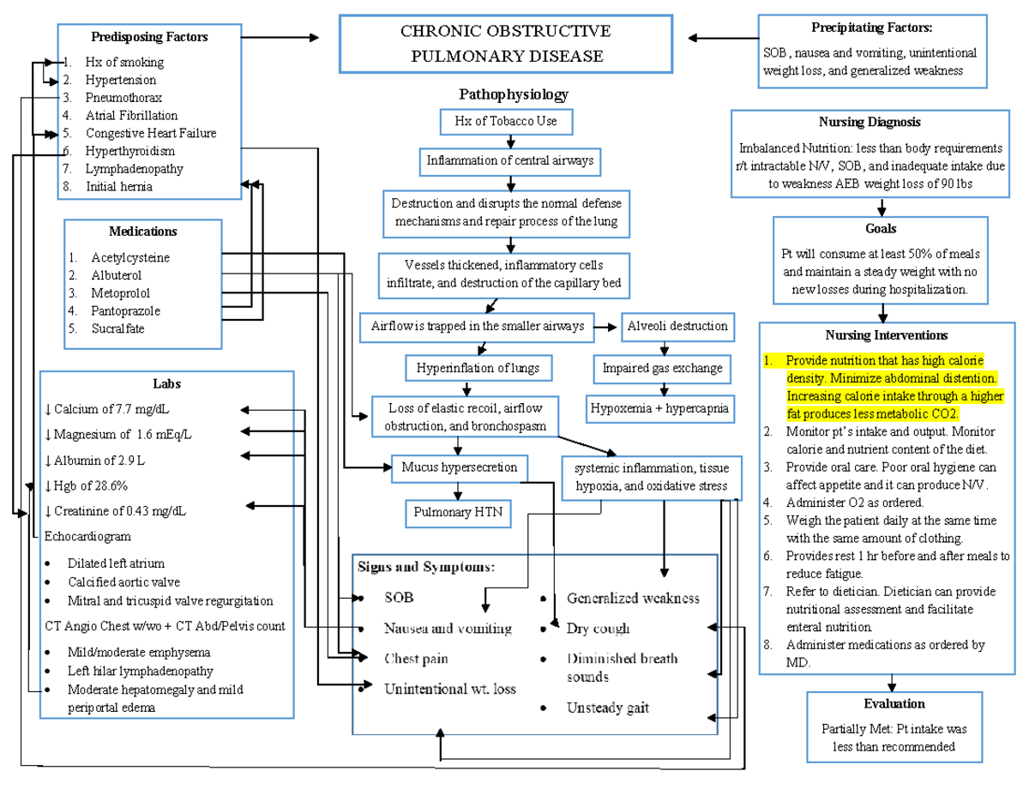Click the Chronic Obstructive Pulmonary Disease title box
pyautogui.click(x=506, y=44)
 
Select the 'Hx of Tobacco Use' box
pyautogui.click(x=506, y=122)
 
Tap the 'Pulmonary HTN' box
pyautogui.click(x=456, y=513)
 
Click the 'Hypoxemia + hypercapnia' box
pyautogui.click(x=659, y=409)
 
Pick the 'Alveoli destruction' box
pyautogui.click(x=677, y=326)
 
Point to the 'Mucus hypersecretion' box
pyautogui.click(x=459, y=467)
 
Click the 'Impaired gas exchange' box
pyautogui.click(x=662, y=368)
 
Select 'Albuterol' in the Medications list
pyautogui.click(x=117, y=275)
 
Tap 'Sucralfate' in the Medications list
pyautogui.click(x=117, y=328)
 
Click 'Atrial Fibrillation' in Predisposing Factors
pyautogui.click(x=131, y=115)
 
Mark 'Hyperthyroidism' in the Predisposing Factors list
pyautogui.click(x=129, y=151)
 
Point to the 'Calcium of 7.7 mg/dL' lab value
pyautogui.click(x=111, y=409)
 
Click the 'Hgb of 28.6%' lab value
pyautogui.click(x=90, y=485)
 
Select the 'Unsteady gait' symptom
pyautogui.click(x=607, y=708)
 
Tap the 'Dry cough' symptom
pyautogui.click(x=598, y=629)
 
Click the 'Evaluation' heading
pyautogui.click(x=894, y=703)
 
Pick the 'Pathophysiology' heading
pyautogui.click(x=513, y=94)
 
